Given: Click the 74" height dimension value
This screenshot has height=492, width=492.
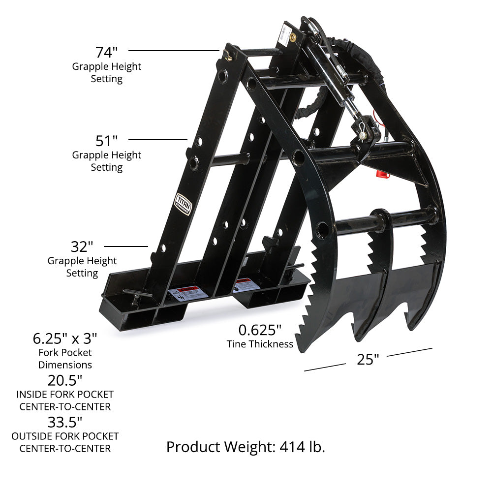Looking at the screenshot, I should [106, 52].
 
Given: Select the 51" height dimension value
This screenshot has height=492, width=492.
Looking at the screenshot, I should [106, 141].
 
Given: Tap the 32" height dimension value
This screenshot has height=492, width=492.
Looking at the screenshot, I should [82, 246].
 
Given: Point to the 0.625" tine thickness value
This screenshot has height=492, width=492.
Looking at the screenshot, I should [260, 329].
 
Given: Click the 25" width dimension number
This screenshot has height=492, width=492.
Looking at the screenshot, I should [368, 360].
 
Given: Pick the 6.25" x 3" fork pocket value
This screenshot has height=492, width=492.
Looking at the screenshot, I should [65, 338].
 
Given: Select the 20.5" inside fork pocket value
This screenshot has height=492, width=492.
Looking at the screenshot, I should [65, 380].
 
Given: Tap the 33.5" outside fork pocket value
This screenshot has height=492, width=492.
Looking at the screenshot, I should [65, 422].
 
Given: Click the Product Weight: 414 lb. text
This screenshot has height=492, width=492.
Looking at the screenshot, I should [246, 447].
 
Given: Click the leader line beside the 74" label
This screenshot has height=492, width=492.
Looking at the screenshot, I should [173, 50].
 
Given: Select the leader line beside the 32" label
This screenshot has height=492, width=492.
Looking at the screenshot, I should [126, 246].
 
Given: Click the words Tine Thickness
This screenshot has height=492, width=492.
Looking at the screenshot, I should [260, 344].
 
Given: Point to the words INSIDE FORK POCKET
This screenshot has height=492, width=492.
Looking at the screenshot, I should [65, 395].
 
